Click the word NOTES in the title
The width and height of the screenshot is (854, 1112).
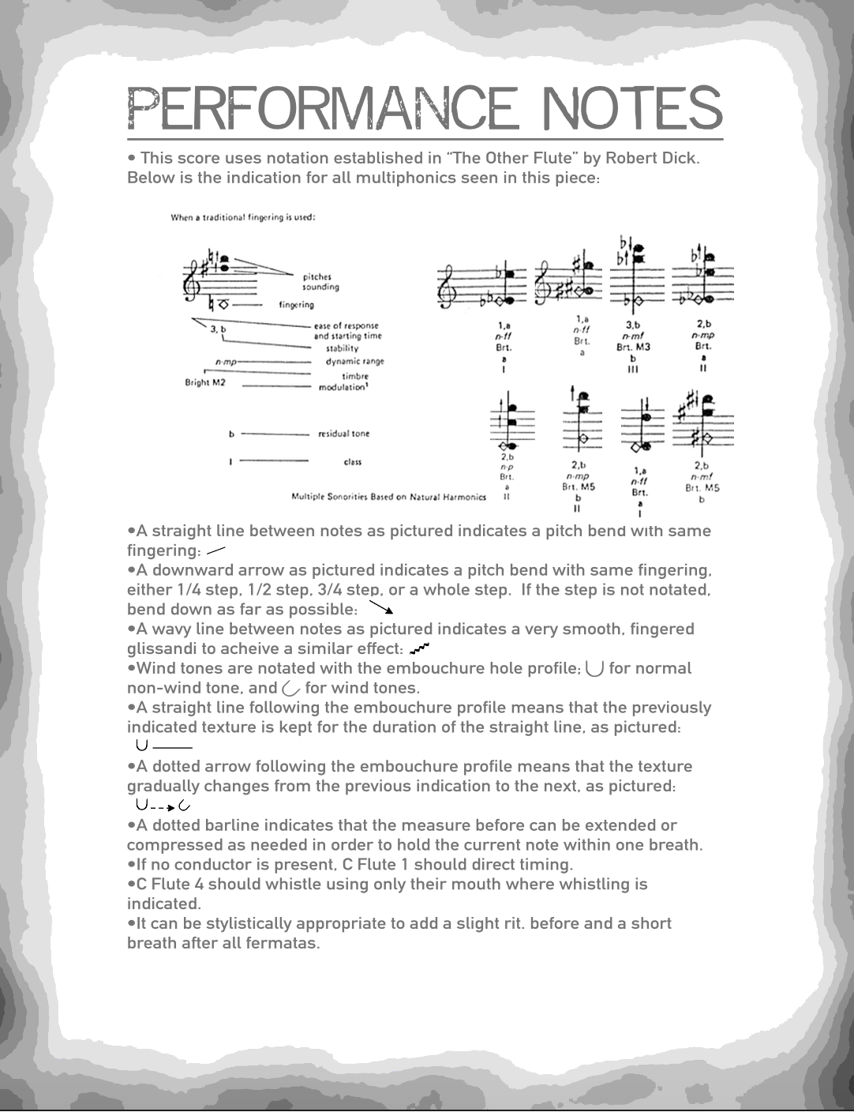pos(634,108)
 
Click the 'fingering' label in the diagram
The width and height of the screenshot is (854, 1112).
pos(296,305)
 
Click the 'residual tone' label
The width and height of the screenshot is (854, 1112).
pos(343,434)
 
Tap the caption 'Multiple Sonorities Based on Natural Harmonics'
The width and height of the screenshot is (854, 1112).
pos(388,497)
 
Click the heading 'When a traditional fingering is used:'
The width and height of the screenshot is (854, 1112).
pos(243,217)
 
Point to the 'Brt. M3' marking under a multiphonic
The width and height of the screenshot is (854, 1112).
pos(633,347)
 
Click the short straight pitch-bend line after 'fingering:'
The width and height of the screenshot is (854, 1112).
pos(215,550)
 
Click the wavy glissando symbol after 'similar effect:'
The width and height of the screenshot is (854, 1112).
pos(420,648)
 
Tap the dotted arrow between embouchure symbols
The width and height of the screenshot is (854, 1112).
pos(163,806)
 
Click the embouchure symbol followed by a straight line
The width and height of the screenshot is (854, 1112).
pos(141,745)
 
